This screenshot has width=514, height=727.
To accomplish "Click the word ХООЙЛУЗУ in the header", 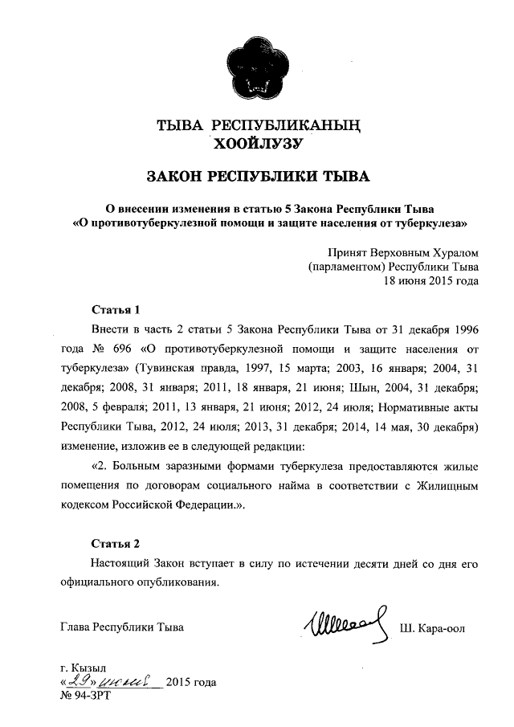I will coord(256,144).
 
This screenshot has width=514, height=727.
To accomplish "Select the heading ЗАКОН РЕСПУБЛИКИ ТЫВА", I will coord(256,176).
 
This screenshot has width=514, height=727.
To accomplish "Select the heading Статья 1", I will coord(116,309).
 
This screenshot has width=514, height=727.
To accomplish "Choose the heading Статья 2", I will coord(116,543).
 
